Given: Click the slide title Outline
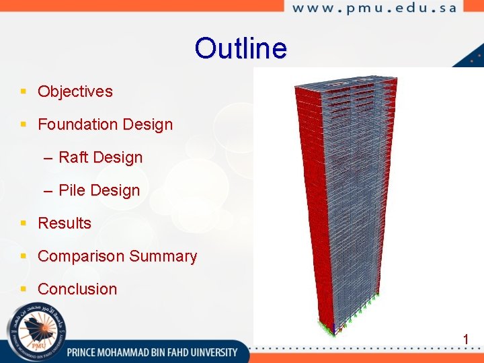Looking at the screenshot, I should pos(241,48).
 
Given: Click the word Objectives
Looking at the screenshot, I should pos(75,91).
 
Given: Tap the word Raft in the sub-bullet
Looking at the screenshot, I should pos(73,157).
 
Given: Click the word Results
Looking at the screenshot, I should pos(65,223).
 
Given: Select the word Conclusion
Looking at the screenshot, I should pos(77,289).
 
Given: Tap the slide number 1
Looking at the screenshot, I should pos(465,339).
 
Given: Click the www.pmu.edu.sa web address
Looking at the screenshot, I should pos(374,8).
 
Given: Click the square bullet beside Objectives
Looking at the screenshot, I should pos(24,91).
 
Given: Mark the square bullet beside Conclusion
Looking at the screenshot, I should pos(24,289).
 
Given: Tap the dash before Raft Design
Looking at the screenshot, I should pos(48,158).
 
